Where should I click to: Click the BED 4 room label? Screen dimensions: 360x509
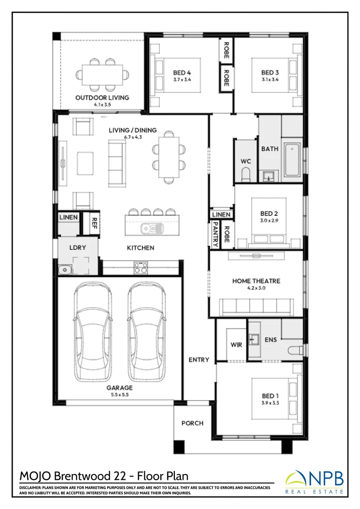pyautogui.click(x=182, y=73)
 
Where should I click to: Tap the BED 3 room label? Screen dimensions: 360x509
pyautogui.click(x=270, y=73)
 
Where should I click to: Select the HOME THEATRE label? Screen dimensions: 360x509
pyautogui.click(x=256, y=281)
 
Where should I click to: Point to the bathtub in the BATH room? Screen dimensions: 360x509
pyautogui.click(x=292, y=159)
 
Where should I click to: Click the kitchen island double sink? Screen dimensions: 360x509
pyautogui.click(x=151, y=229)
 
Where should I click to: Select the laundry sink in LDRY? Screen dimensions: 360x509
pyautogui.click(x=65, y=270)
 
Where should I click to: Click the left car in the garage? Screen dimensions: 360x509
pyautogui.click(x=93, y=331)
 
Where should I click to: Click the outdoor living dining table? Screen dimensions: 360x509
pyautogui.click(x=102, y=75)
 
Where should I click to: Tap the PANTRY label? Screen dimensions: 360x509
pyautogui.click(x=215, y=234)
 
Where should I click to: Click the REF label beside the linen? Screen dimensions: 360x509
pyautogui.click(x=94, y=223)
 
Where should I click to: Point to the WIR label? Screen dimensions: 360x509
pyautogui.click(x=237, y=345)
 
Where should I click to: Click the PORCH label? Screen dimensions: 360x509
pyautogui.click(x=193, y=423)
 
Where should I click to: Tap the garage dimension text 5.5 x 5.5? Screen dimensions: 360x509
pyautogui.click(x=120, y=395)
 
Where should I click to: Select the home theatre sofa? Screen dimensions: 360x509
pyautogui.click(x=256, y=307)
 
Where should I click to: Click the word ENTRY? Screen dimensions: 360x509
pyautogui.click(x=199, y=360)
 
